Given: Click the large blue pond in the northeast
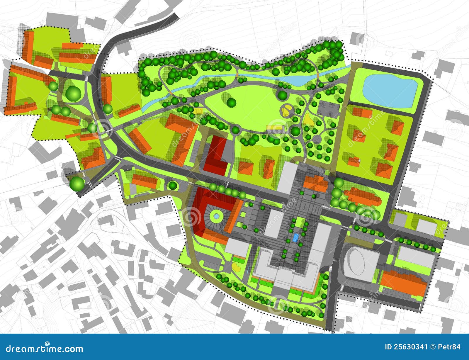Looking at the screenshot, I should point(390,90).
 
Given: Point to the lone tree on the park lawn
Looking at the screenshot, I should point(231,102).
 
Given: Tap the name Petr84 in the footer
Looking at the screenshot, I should point(450,347).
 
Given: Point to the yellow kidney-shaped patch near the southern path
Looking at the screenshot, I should point(235,266).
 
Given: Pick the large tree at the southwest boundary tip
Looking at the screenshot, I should point(77,184).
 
